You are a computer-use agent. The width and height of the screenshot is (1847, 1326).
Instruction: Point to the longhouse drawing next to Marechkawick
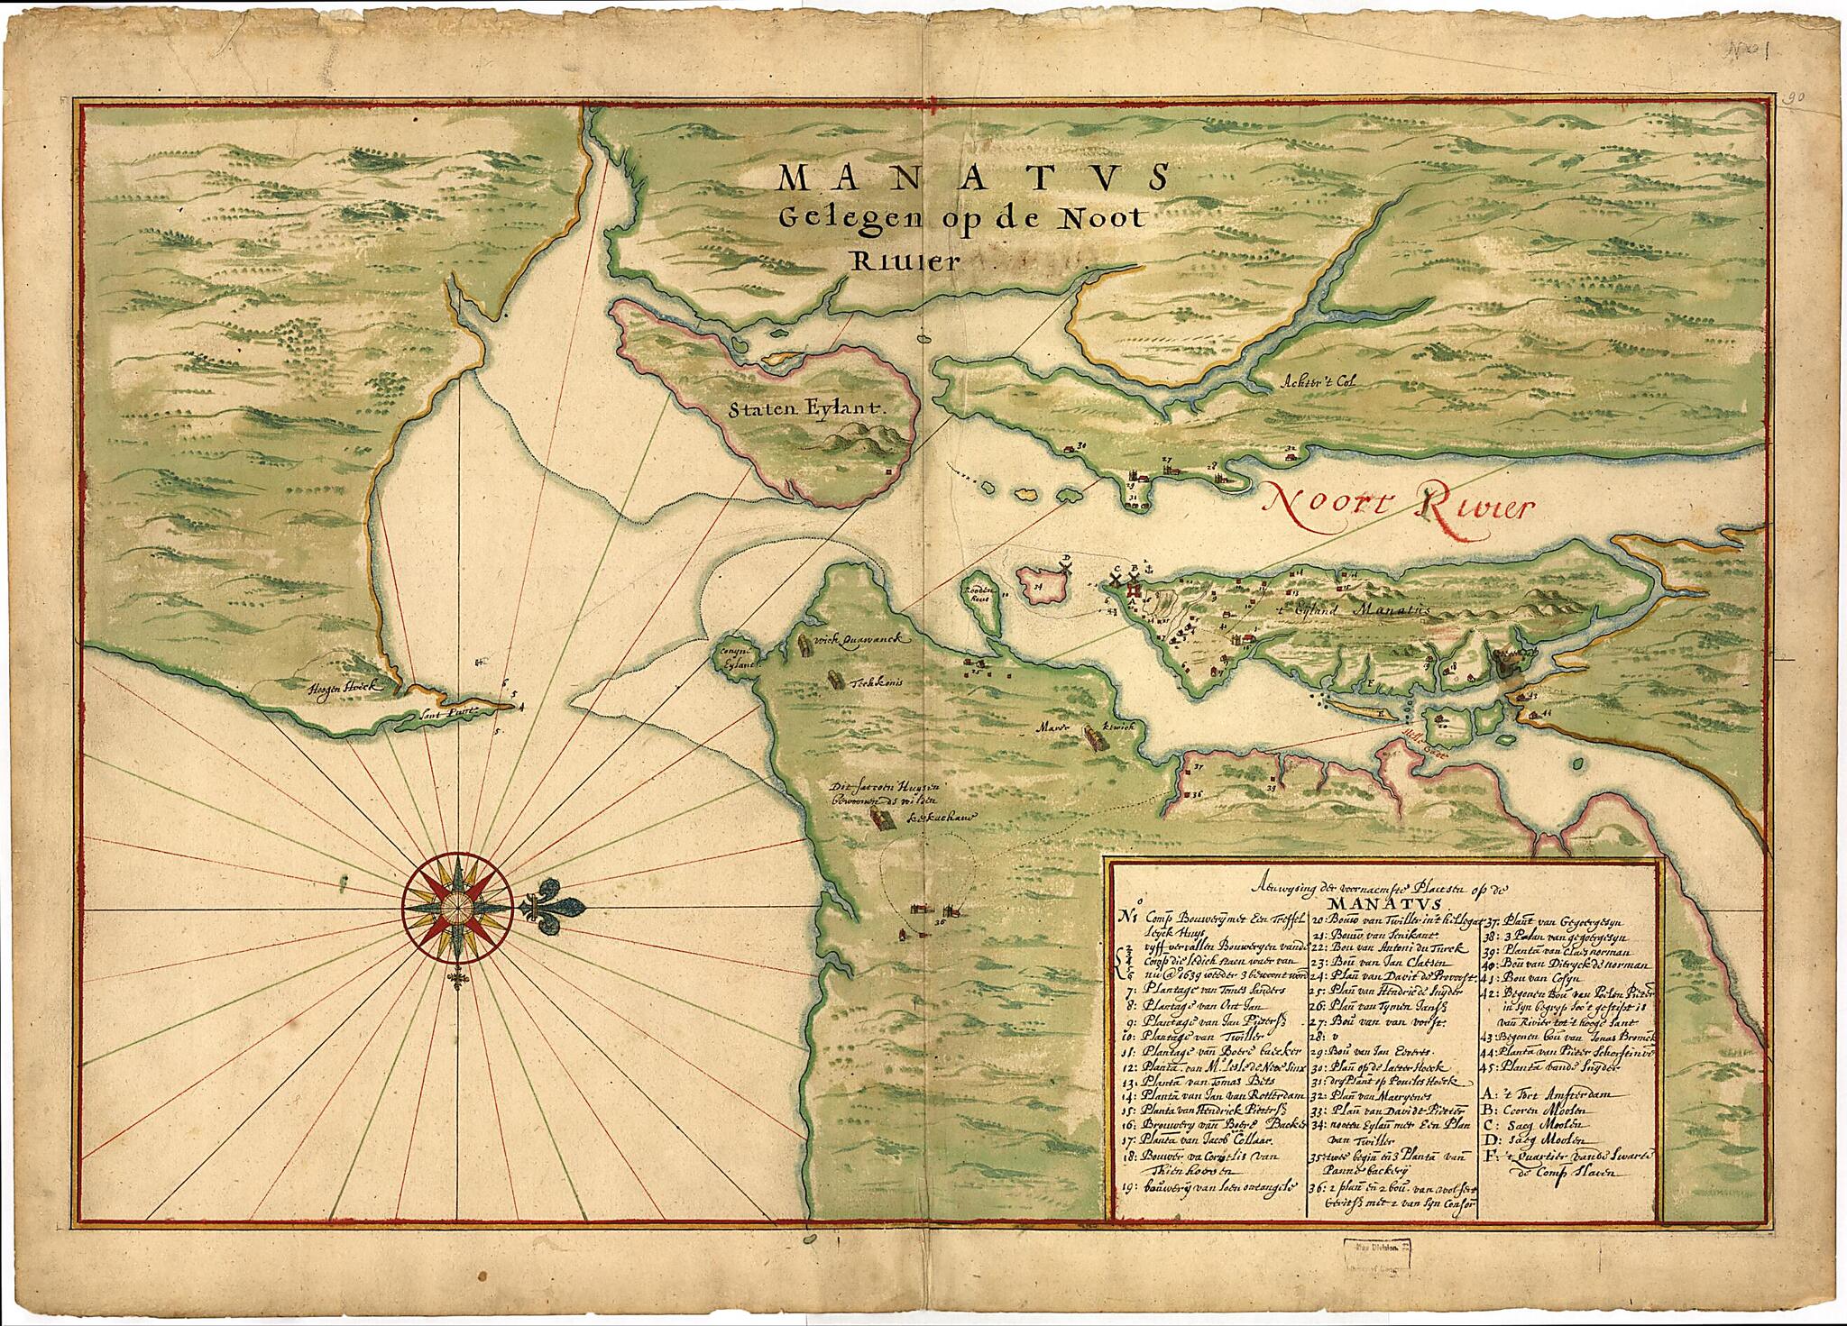point(1095,738)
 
